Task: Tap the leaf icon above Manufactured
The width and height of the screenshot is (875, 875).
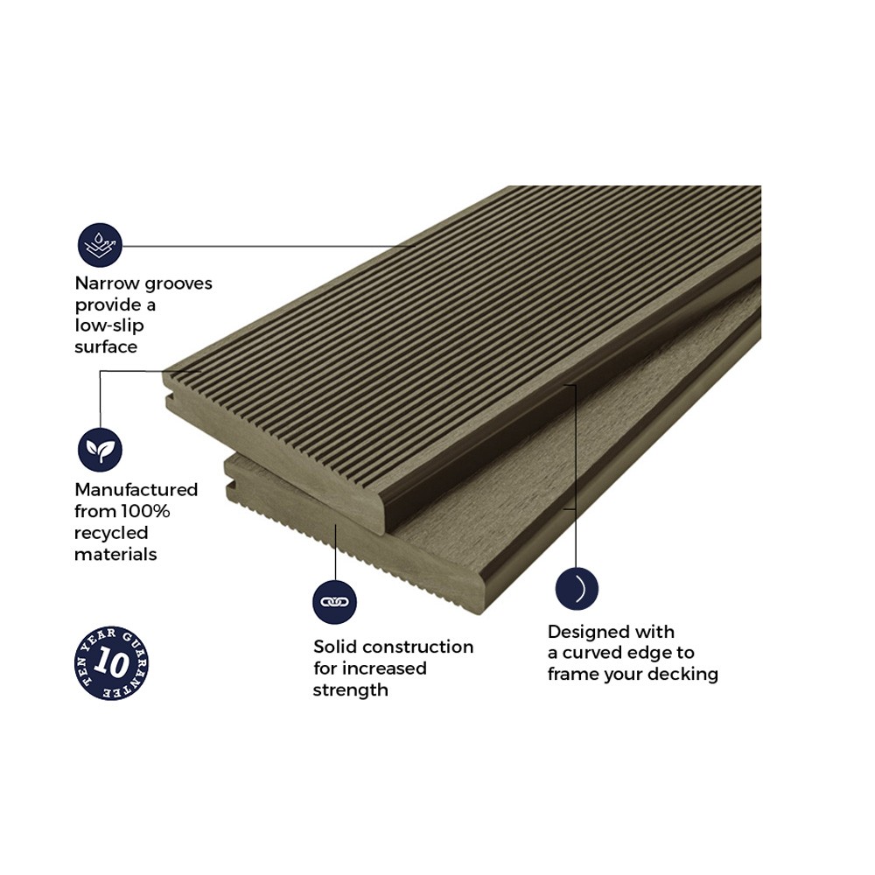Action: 100,451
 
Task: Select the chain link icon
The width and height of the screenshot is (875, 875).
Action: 334,602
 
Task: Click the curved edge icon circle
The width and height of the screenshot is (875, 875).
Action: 577,588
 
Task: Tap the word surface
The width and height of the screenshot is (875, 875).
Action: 106,346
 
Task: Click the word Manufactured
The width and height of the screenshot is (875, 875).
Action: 136,490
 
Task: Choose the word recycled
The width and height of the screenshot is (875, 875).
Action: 111,533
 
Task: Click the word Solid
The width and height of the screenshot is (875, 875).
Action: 336,647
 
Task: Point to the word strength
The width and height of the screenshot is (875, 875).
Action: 351,690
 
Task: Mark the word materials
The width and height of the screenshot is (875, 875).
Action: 115,555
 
